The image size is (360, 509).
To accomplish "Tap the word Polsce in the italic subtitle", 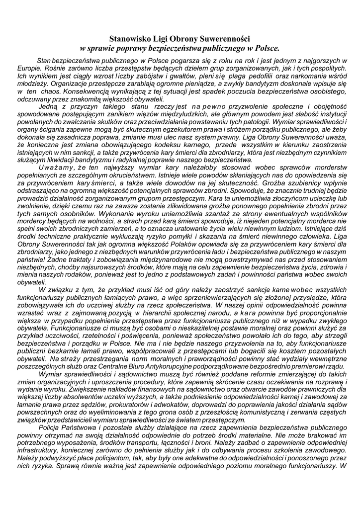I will tap(267, 48).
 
